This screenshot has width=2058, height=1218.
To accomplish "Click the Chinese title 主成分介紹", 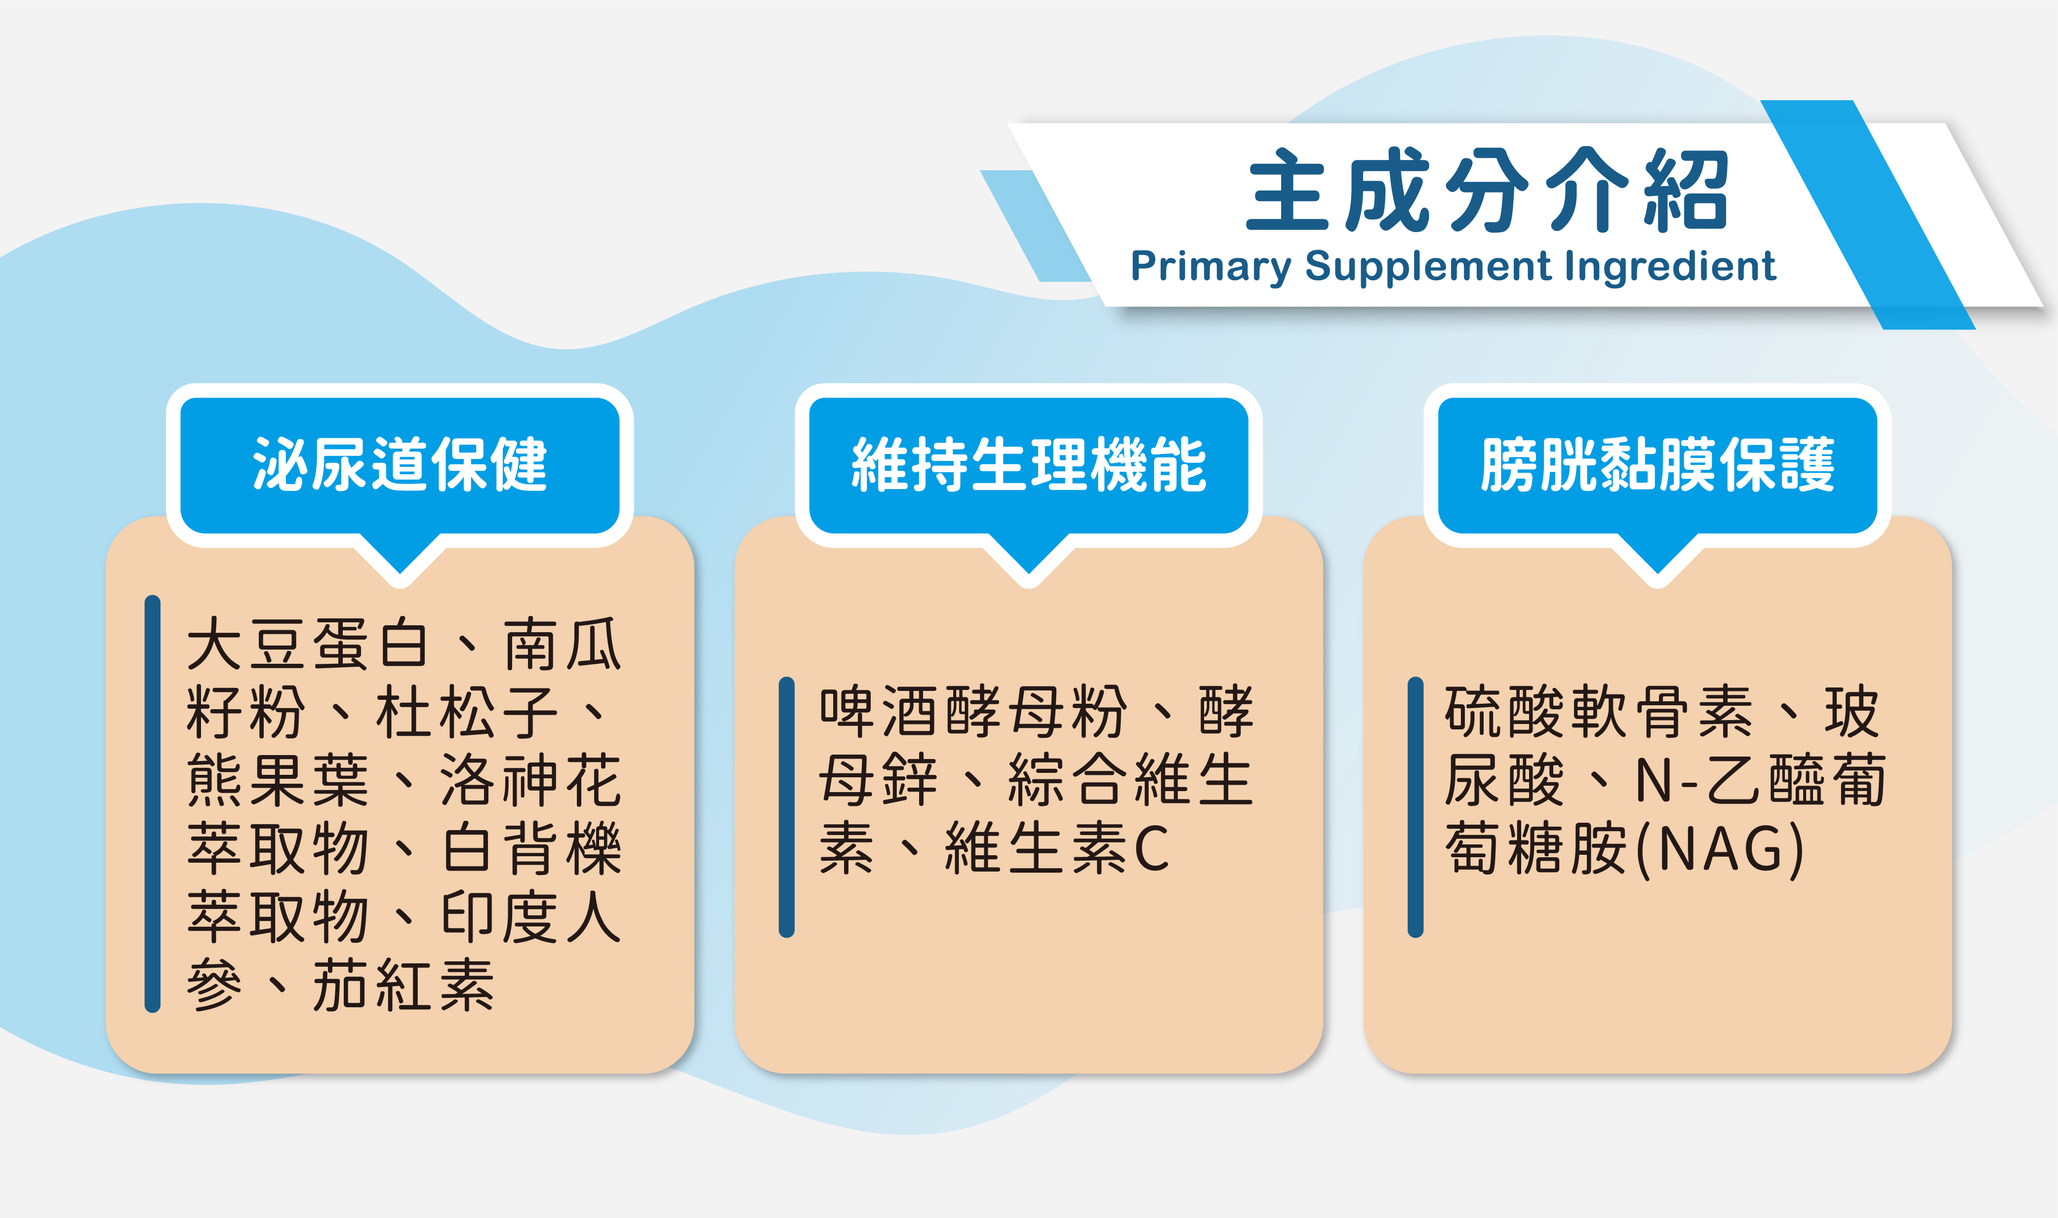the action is click(1487, 190).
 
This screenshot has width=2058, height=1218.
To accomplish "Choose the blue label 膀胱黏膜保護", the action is click(1657, 464).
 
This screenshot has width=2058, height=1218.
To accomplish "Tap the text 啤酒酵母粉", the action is click(973, 712).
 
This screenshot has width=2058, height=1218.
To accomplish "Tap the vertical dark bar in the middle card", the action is click(787, 807).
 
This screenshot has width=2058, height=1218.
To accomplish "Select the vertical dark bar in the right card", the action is click(1415, 807).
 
